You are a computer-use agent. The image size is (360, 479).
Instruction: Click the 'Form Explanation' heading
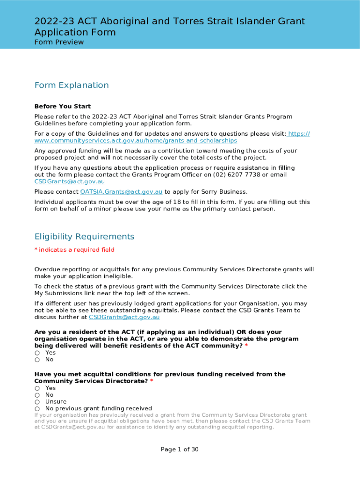tap(72, 85)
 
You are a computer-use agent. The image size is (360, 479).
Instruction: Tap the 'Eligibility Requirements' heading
tap(84, 237)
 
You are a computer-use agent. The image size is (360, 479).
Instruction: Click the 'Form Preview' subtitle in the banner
tap(59, 42)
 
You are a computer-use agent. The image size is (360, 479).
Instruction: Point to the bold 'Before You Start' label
tap(63, 106)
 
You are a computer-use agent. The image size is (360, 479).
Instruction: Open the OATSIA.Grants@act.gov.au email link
tap(121, 192)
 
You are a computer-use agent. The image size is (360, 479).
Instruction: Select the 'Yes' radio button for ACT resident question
tap(37, 353)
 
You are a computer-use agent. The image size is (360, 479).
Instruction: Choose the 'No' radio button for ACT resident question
tap(37, 360)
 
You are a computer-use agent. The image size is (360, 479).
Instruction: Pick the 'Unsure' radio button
tap(37, 402)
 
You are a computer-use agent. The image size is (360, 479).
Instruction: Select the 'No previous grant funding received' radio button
tap(37, 409)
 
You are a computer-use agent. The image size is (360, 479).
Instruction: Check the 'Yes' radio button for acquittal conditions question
tap(37, 388)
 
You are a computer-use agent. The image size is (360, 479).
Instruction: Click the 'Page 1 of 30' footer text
tap(180, 450)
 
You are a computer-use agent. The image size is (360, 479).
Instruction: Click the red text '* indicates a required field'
tap(74, 250)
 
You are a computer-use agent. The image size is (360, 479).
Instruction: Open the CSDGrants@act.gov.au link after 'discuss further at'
tap(124, 317)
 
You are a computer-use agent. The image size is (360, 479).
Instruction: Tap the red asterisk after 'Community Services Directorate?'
tap(151, 381)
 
